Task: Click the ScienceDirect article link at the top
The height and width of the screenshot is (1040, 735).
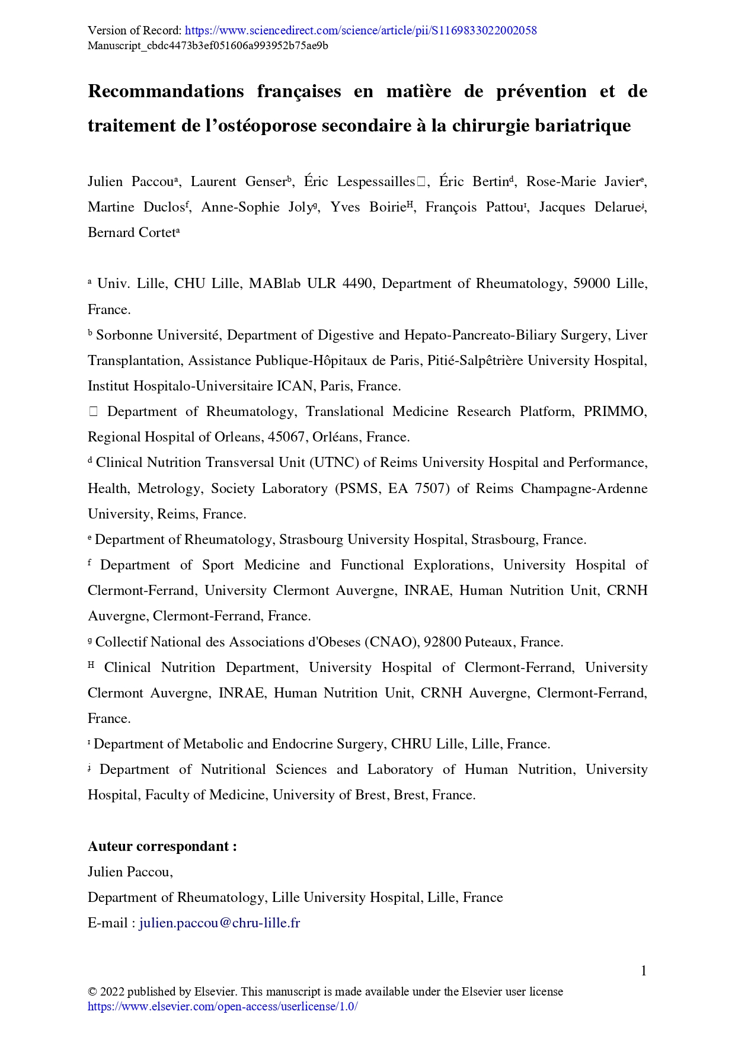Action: coord(361,30)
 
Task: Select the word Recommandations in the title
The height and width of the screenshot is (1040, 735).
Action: coord(166,91)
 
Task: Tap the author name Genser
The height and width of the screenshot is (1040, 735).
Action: coord(266,181)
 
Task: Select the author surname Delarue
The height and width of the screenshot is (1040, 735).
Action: coord(617,207)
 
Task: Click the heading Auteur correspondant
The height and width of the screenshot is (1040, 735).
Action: coord(162,846)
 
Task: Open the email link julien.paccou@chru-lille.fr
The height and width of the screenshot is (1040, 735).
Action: coord(219,923)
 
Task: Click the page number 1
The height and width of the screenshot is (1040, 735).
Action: coord(643,971)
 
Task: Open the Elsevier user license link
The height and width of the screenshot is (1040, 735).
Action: coord(222,1006)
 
